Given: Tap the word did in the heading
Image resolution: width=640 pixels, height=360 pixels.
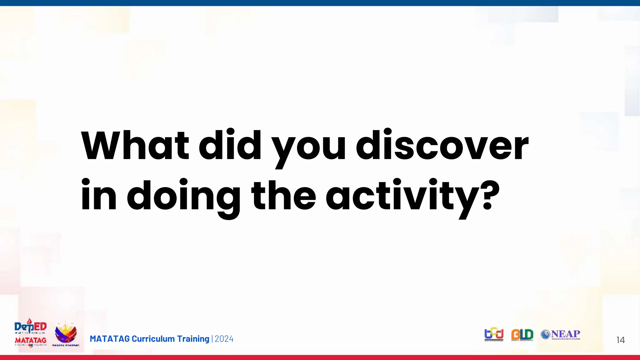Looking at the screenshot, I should [x=230, y=146].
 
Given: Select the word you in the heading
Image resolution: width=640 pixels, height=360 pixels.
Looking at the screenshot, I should [x=308, y=148].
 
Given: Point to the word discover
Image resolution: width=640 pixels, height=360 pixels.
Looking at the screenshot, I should [x=442, y=146].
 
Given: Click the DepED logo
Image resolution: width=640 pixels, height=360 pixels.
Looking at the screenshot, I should [x=30, y=326].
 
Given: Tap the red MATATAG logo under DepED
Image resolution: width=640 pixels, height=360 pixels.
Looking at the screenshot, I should [x=30, y=341].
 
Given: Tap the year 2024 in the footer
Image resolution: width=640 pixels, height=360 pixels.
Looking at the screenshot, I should [x=224, y=339].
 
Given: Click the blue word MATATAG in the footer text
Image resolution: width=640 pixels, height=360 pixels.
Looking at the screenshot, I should [x=110, y=339].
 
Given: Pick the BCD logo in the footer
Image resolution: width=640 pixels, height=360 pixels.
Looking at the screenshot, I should [x=494, y=334].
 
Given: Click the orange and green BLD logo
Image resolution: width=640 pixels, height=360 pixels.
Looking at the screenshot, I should [x=522, y=335].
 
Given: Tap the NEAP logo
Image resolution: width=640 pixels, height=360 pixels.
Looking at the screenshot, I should [x=561, y=334].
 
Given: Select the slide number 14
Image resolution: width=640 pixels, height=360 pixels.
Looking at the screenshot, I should [x=620, y=340].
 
